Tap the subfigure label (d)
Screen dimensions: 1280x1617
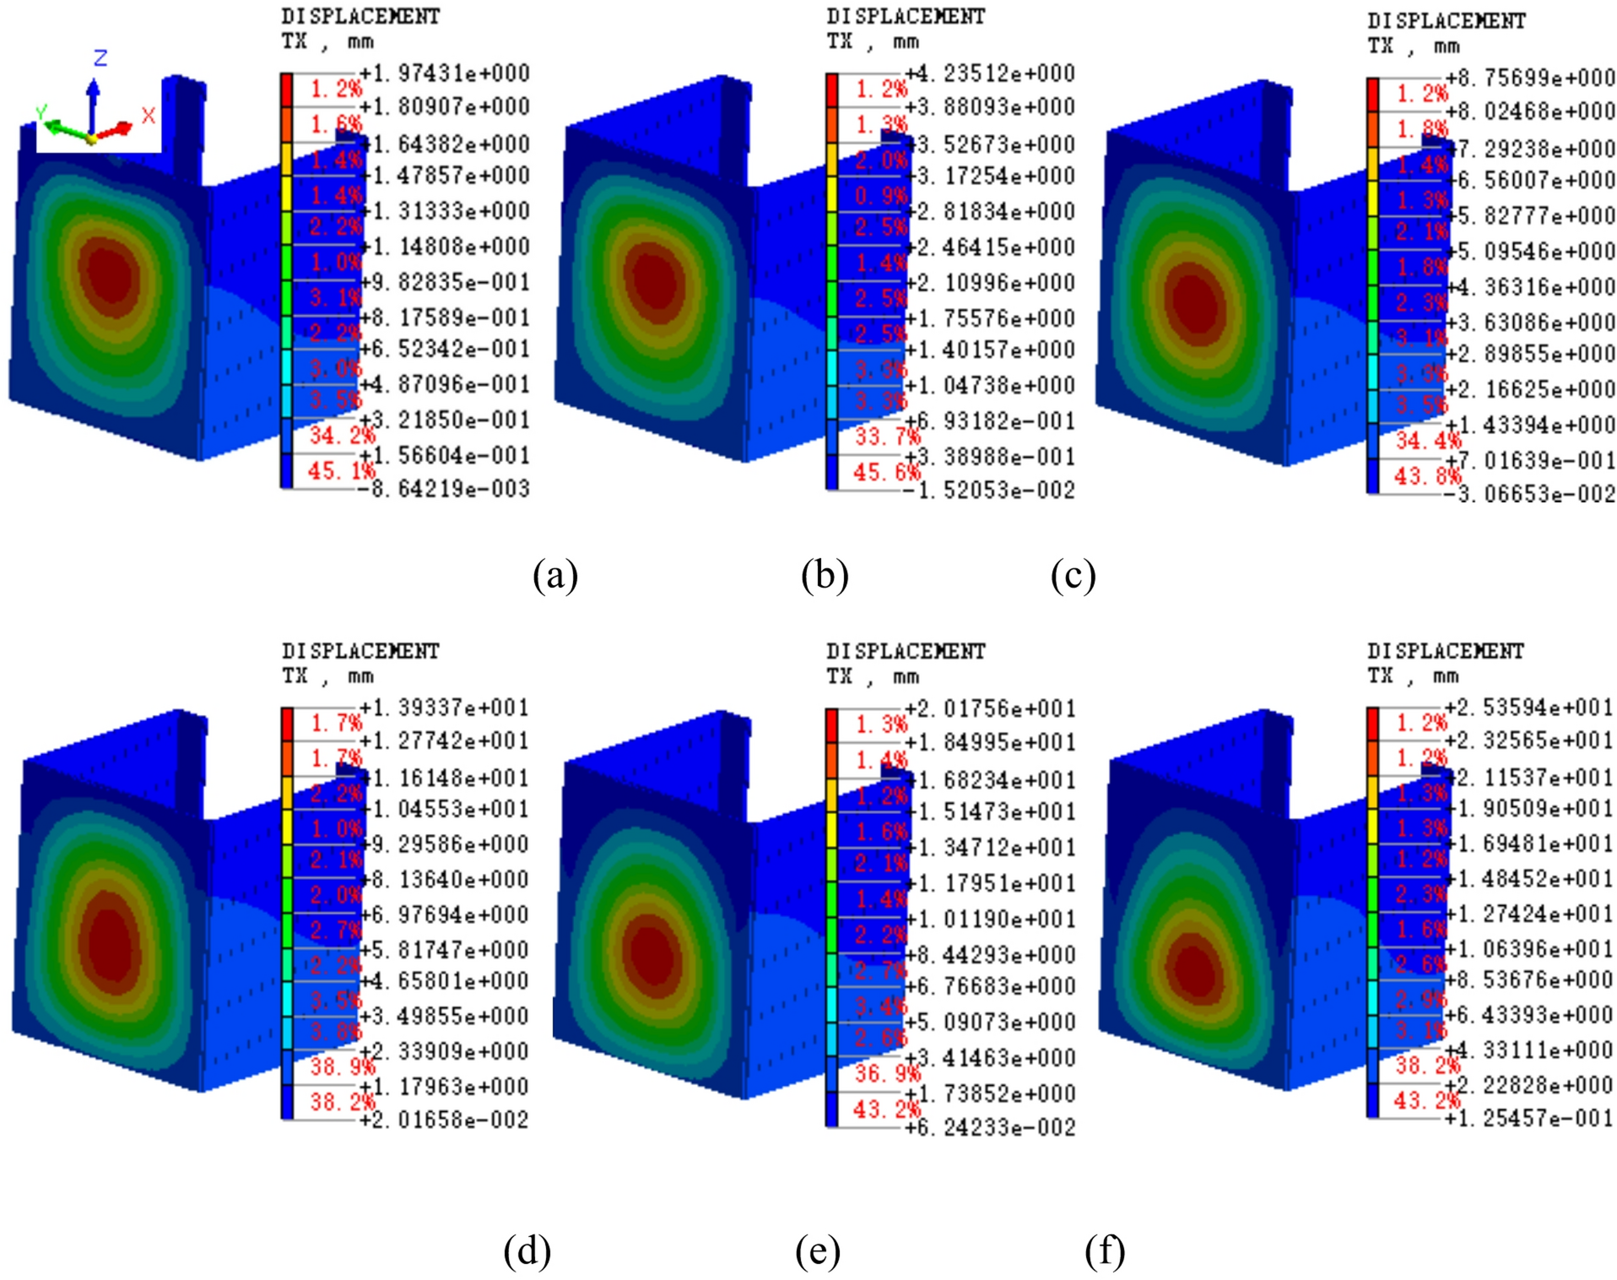[x=527, y=1250]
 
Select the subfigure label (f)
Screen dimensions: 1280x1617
[x=1104, y=1250]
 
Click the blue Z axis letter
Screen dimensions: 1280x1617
[x=100, y=58]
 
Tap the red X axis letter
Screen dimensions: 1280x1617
[x=149, y=116]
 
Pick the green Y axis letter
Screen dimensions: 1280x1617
[x=41, y=113]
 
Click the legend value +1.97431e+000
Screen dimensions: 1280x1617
[x=445, y=73]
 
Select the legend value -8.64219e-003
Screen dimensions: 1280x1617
[x=445, y=488]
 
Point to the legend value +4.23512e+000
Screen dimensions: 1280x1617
[x=990, y=73]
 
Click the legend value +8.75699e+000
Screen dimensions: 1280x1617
[x=1530, y=78]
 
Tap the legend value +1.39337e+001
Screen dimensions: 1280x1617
[x=445, y=707]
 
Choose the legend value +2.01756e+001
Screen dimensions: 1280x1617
[x=990, y=708]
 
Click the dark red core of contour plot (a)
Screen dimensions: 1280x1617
[x=110, y=274]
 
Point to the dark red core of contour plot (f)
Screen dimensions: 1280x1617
[x=1193, y=971]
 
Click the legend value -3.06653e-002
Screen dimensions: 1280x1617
[x=1530, y=493]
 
